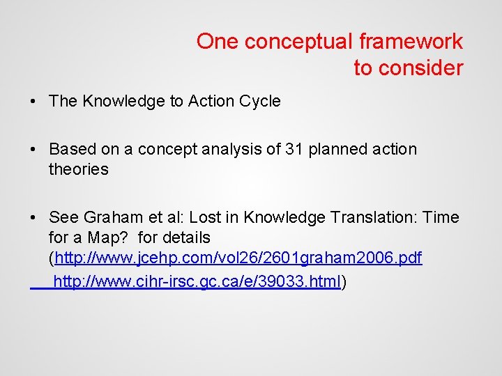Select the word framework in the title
pos(411,42)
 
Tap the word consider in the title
pos(420,68)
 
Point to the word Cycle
pos(259,101)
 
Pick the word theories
pos(79,169)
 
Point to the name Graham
pos(107,217)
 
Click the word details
pos(184,238)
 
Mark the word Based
pos(72,149)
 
